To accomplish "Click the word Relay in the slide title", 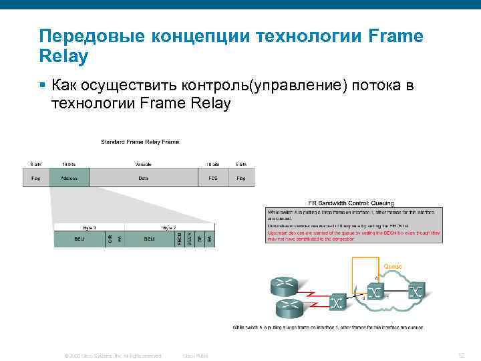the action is point(64,57).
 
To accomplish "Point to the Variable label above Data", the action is point(143,164).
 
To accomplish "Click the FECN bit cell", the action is point(179,239).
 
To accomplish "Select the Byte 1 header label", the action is point(80,227).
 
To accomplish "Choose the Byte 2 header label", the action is point(168,227).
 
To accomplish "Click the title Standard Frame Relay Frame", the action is point(140,142).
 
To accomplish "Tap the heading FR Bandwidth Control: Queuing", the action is point(351,203).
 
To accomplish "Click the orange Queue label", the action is point(393,266).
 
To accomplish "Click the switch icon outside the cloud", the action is point(338,303).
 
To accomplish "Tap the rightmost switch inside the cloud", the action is point(416,291).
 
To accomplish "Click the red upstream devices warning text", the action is point(353,235).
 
